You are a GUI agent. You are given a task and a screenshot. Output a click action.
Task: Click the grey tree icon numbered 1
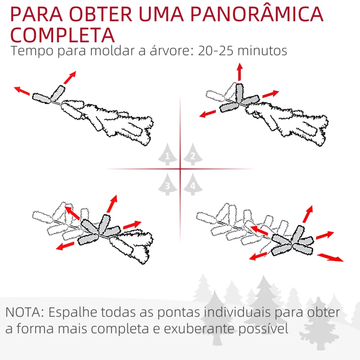pyautogui.click(x=167, y=155)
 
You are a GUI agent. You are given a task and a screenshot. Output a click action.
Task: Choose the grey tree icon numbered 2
pyautogui.click(x=193, y=155)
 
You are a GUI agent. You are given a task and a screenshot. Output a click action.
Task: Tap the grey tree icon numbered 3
pyautogui.click(x=167, y=184)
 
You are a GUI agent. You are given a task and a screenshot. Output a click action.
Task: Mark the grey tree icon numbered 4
pyautogui.click(x=193, y=184)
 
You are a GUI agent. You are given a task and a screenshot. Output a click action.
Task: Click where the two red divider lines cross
pyautogui.click(x=180, y=169)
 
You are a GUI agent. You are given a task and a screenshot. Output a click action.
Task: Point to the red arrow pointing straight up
pyautogui.click(x=239, y=72)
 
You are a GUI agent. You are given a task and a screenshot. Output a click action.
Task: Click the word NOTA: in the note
pyautogui.click(x=25, y=312)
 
